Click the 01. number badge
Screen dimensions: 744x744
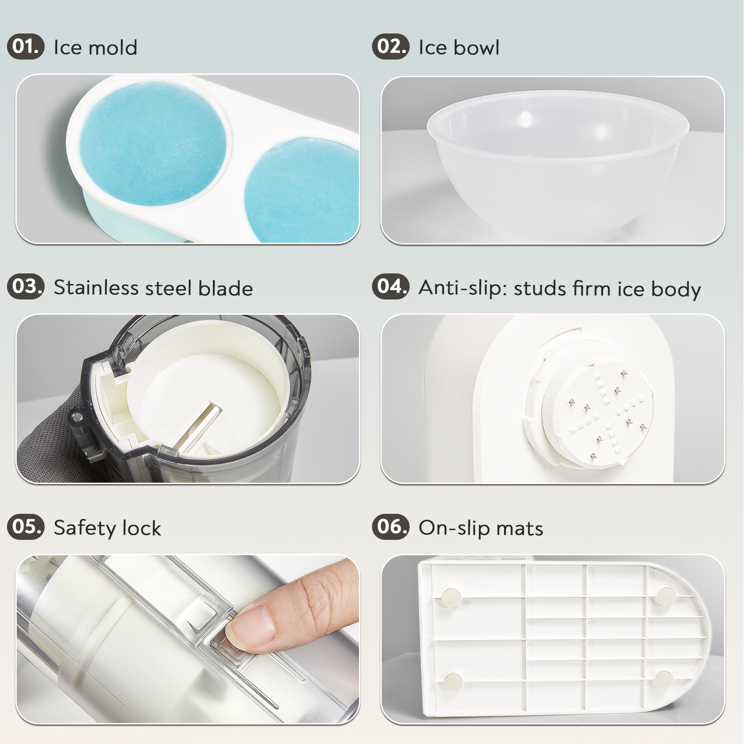(x=26, y=46)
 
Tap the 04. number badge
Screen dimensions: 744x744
(x=391, y=286)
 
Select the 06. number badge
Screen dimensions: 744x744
(x=391, y=527)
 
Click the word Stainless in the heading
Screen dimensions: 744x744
(x=96, y=288)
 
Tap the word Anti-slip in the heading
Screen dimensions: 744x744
(x=463, y=288)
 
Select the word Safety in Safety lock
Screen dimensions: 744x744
(x=85, y=528)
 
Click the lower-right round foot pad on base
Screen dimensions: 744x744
(x=664, y=679)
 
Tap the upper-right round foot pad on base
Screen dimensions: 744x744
(x=666, y=596)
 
